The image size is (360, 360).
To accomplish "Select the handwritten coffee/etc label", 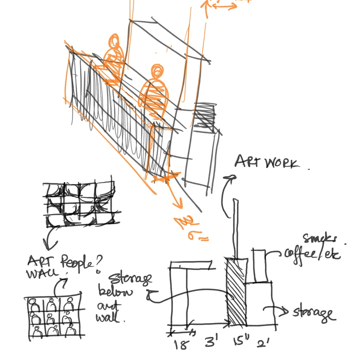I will pyautogui.click(x=312, y=253).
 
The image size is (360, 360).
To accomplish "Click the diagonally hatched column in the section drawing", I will pyautogui.click(x=236, y=292).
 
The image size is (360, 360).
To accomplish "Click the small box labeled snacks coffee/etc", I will pyautogui.click(x=259, y=265).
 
